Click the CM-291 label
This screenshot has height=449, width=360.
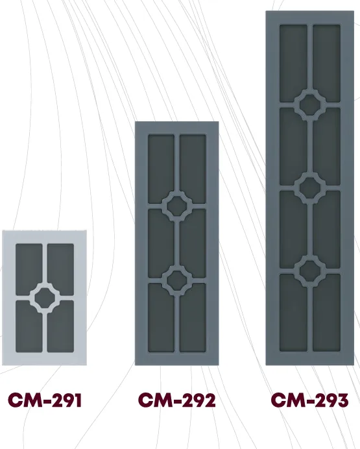[45, 400]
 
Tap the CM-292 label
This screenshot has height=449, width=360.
[176, 400]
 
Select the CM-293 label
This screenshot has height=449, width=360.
[309, 400]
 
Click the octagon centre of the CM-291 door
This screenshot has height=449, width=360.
[45, 298]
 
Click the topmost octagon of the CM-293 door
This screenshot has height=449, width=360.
[310, 104]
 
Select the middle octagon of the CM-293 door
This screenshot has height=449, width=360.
[310, 188]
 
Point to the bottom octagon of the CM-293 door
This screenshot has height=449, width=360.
[310, 271]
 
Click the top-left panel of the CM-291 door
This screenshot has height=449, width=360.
[29, 269]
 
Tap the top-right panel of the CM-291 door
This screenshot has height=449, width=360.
[61, 269]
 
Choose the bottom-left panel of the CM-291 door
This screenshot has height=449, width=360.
[29, 326]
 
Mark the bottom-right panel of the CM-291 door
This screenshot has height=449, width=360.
[61, 326]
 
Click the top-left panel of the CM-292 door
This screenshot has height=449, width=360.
[161, 169]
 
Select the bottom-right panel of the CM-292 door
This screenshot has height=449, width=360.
[193, 318]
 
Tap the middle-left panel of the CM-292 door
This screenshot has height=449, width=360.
[161, 243]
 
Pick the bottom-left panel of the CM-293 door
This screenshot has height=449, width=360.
[293, 313]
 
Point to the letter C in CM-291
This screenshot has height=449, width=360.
[15, 400]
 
